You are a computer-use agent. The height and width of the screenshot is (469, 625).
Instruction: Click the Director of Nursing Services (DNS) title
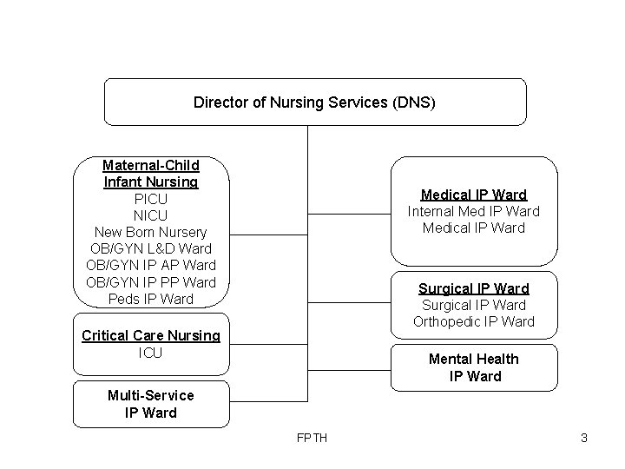[x=314, y=102]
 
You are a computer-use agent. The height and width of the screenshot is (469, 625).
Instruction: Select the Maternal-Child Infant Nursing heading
[x=151, y=174]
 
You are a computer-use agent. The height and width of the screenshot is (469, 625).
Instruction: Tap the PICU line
[x=151, y=199]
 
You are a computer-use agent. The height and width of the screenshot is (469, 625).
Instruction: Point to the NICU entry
[x=151, y=215]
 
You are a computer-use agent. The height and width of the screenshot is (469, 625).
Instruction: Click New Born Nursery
[x=151, y=232]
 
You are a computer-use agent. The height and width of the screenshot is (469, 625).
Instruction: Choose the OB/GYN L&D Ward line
[x=151, y=248]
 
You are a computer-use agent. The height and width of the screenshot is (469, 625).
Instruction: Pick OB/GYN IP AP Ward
[x=151, y=265]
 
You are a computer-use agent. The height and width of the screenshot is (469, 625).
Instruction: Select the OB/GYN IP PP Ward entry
[x=151, y=282]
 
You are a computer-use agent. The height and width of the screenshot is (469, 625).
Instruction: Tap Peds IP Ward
[x=151, y=299]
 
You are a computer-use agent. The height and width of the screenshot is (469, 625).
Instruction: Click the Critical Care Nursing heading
[x=151, y=336]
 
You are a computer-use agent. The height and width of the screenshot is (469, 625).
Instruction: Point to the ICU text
[x=151, y=353]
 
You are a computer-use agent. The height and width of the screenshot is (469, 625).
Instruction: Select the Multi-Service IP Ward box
[x=151, y=404]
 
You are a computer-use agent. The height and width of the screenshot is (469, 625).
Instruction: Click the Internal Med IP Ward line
[x=474, y=211]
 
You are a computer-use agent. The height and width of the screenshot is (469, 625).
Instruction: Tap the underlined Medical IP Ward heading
[x=474, y=195]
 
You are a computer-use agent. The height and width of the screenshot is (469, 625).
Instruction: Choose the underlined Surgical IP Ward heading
[x=474, y=288]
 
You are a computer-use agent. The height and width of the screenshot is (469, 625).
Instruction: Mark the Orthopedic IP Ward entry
[x=474, y=321]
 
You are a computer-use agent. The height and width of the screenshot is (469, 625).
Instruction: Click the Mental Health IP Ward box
[x=474, y=367]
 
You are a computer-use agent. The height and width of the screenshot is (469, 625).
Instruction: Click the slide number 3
[x=584, y=438]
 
